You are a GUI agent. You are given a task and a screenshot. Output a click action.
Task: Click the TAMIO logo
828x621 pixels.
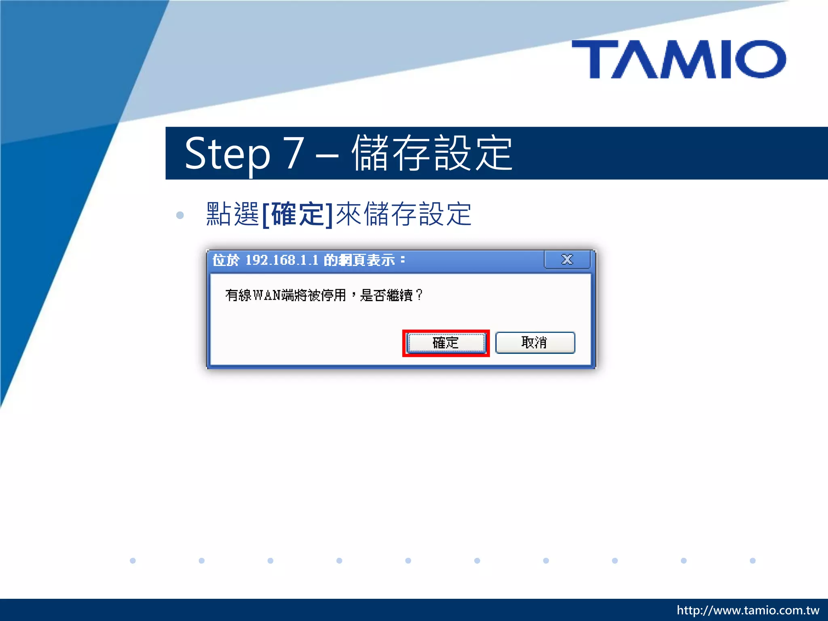pyautogui.click(x=679, y=59)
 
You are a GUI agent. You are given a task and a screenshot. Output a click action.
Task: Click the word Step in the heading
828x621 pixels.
pyautogui.click(x=227, y=154)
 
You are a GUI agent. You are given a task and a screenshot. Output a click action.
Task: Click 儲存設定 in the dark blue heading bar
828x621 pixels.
pyautogui.click(x=432, y=153)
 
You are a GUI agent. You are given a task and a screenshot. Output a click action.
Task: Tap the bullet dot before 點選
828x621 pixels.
pyautogui.click(x=180, y=215)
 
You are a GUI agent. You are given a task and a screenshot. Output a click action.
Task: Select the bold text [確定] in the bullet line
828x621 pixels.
pyautogui.click(x=298, y=214)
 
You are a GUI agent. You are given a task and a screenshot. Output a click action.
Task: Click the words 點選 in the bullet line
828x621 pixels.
pyautogui.click(x=232, y=214)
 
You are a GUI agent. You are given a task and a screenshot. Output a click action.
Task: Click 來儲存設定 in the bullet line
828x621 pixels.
pyautogui.click(x=403, y=214)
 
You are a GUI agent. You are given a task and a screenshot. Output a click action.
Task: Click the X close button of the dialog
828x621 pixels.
pyautogui.click(x=567, y=260)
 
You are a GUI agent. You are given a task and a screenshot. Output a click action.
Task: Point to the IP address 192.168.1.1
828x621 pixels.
pyautogui.click(x=282, y=260)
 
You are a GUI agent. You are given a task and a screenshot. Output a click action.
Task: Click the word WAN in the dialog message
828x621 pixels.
pyautogui.click(x=267, y=296)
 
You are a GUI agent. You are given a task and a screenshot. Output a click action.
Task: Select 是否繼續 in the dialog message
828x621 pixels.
pyautogui.click(x=386, y=296)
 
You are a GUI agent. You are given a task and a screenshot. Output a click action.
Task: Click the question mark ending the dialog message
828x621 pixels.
pyautogui.click(x=419, y=295)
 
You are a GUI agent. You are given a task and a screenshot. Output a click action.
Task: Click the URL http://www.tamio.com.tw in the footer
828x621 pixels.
pyautogui.click(x=748, y=610)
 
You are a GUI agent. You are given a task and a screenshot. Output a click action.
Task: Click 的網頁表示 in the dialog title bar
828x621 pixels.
pyautogui.click(x=359, y=260)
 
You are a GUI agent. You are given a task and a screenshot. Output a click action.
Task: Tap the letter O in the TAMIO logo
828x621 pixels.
pyautogui.click(x=760, y=59)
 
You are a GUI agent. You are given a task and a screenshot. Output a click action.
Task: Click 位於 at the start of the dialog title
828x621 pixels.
pyautogui.click(x=226, y=260)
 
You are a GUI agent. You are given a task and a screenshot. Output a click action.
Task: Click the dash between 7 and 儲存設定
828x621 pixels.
pyautogui.click(x=327, y=156)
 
